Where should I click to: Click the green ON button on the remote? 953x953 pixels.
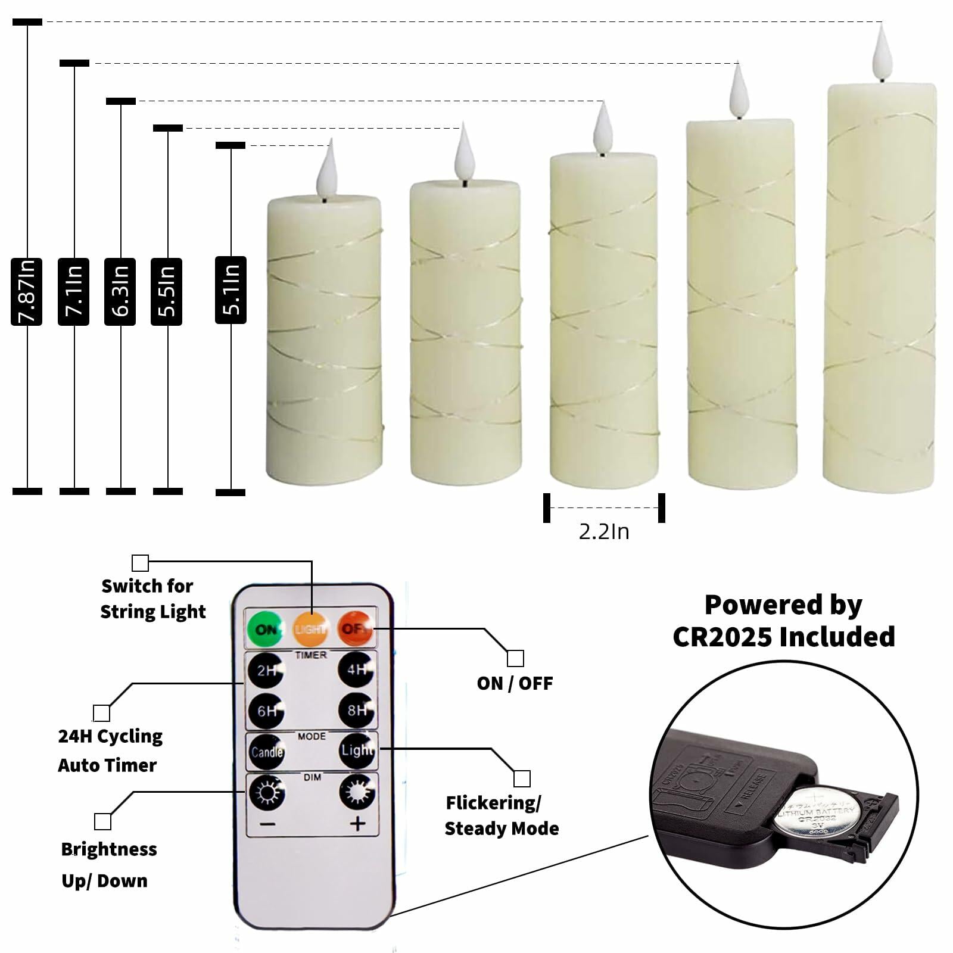[264, 629]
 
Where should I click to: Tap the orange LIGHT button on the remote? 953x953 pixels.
[310, 629]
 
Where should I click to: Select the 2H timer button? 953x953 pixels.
[266, 670]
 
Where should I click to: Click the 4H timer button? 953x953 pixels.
[356, 670]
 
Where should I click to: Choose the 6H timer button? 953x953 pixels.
[266, 711]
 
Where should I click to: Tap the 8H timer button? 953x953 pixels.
[356, 711]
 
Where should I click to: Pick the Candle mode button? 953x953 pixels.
[266, 752]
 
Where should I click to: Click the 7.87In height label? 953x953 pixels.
[26, 292]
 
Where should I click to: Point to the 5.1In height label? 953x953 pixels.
[231, 290]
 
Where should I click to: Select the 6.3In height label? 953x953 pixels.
[120, 292]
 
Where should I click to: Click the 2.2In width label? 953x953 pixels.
[603, 531]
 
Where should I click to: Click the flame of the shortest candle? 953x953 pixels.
[327, 169]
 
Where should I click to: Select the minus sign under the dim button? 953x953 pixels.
[267, 824]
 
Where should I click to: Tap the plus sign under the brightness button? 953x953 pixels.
[357, 824]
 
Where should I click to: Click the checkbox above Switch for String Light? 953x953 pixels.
[140, 563]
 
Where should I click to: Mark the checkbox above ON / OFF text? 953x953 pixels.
[515, 658]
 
